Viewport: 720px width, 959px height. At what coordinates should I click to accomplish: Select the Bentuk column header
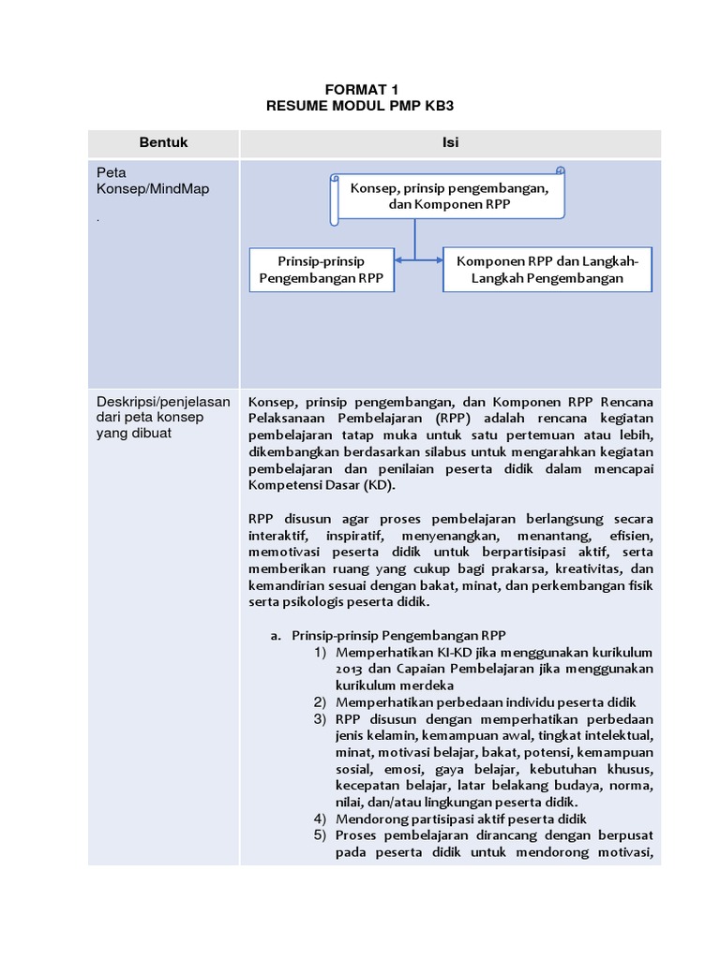click(x=164, y=143)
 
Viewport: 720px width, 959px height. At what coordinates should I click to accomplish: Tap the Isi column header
click(x=450, y=143)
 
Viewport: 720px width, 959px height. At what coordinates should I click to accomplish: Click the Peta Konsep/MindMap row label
click(x=154, y=181)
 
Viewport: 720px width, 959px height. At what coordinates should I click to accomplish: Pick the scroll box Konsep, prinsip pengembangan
click(x=449, y=196)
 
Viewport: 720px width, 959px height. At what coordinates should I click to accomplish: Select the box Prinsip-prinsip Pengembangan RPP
click(x=322, y=270)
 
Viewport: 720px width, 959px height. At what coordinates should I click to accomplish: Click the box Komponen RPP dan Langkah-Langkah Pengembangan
click(x=547, y=270)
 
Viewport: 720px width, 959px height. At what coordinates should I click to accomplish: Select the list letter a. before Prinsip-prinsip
click(x=276, y=635)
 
